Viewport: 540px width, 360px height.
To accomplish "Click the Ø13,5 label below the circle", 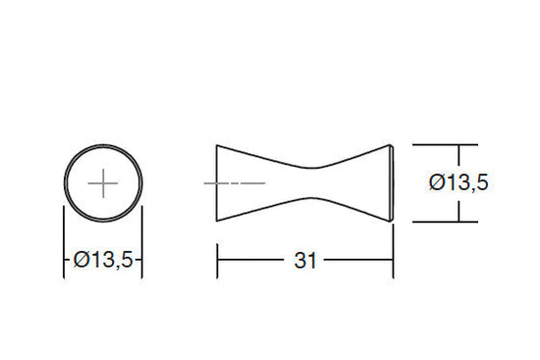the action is pos(103,260).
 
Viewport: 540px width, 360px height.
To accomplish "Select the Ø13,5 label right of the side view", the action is pos(459,182).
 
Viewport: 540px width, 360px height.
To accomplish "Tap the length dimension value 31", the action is pos(305,261).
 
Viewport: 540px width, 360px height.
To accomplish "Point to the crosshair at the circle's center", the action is pos(103,183).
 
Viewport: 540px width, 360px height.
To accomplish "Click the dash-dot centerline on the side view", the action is pos(235,183).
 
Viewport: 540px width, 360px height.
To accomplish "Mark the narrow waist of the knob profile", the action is pos(312,182).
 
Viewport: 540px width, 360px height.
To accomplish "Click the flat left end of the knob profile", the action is pos(217,183).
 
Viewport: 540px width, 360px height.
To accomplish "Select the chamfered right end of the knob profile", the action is pos(392,183).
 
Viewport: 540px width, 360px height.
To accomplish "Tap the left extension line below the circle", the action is pos(64,242).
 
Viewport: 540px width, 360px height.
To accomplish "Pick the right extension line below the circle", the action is pos(142,242).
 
